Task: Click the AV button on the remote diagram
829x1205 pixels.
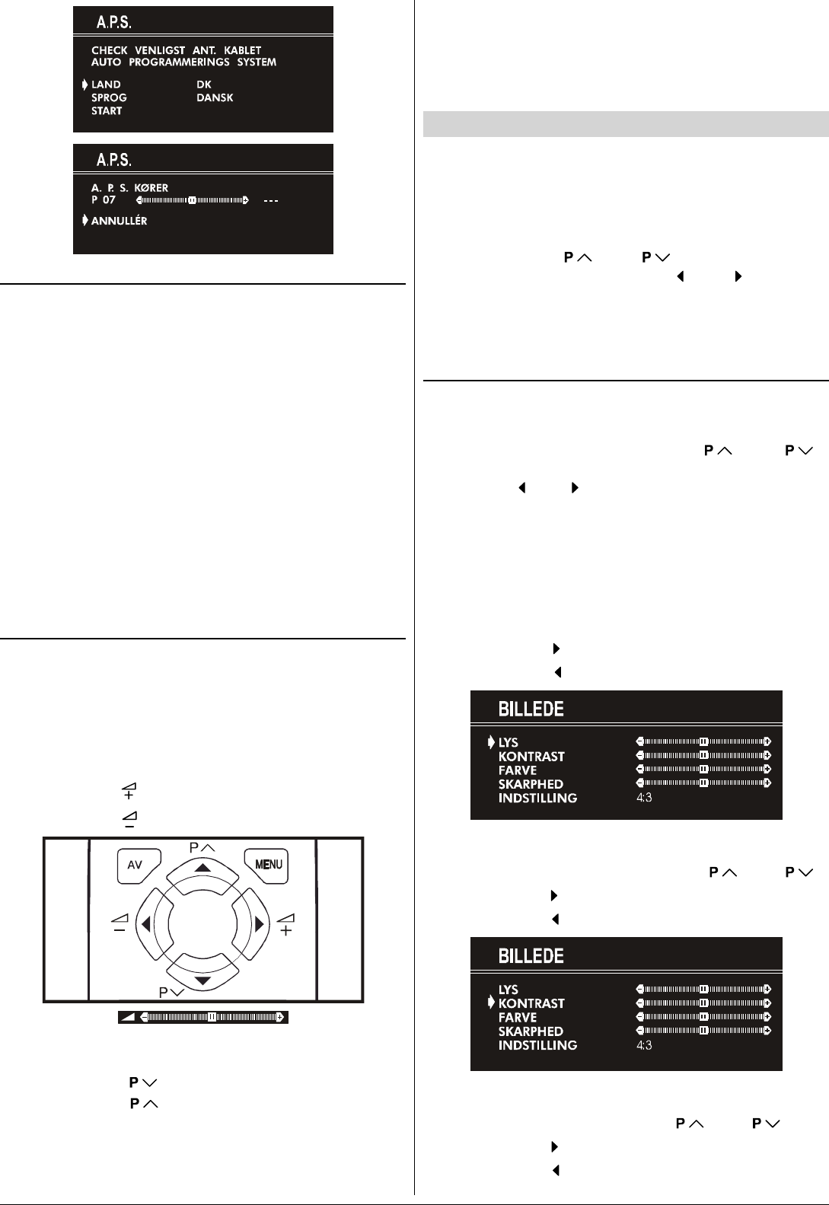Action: point(137,865)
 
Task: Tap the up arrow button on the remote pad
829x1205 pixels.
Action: point(202,869)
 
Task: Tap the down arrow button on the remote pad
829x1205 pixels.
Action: point(202,979)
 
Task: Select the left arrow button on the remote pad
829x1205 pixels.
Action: point(144,924)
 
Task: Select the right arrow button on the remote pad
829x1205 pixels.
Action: point(260,924)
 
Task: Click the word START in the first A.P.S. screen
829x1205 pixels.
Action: point(107,111)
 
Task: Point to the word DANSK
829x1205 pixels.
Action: point(215,98)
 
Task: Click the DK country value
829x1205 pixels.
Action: point(204,84)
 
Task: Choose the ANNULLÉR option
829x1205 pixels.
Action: point(120,221)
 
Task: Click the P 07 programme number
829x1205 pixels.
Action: point(104,200)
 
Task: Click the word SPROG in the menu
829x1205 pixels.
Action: point(109,98)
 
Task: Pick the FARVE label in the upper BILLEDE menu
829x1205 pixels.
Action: point(518,770)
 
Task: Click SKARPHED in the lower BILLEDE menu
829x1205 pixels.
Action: point(531,1031)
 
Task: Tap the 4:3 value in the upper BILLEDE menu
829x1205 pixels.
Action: point(644,798)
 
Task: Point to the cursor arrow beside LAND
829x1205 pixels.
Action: point(84,84)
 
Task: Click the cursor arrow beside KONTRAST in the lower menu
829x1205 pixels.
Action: point(491,1003)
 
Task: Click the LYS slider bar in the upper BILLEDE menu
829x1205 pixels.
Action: point(703,741)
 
